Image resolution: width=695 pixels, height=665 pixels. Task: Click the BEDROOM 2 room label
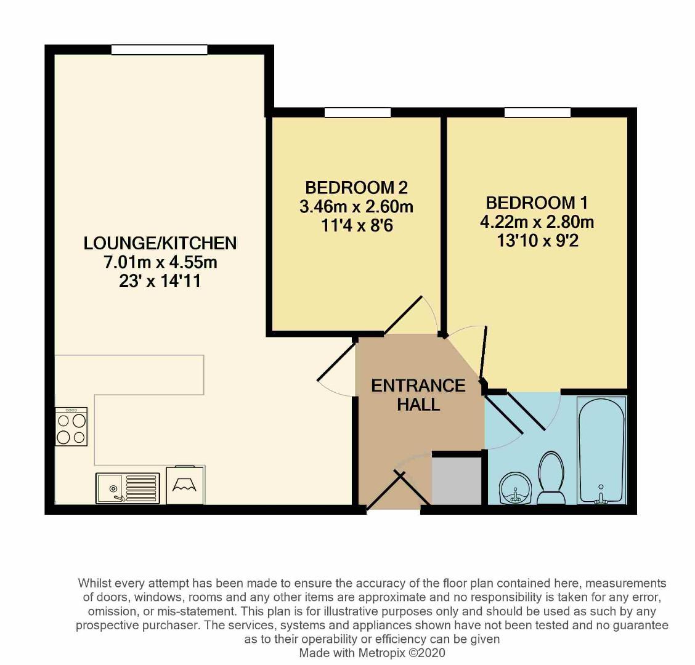pyautogui.click(x=356, y=187)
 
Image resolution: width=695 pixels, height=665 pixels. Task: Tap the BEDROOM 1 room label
pyautogui.click(x=537, y=202)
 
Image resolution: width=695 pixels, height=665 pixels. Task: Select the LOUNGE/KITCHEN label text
pyautogui.click(x=160, y=243)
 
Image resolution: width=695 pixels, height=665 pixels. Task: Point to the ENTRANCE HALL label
pyautogui.click(x=418, y=395)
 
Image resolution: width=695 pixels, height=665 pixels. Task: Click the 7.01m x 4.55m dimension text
pyautogui.click(x=160, y=263)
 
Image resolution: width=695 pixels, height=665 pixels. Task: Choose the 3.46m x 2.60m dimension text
pyautogui.click(x=356, y=206)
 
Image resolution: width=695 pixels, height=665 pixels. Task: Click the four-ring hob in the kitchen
pyautogui.click(x=71, y=427)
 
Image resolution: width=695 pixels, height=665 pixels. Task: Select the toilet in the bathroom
pyautogui.click(x=550, y=477)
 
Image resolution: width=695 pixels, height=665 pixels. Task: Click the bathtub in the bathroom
pyautogui.click(x=601, y=449)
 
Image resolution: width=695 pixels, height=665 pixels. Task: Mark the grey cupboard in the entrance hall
pyautogui.click(x=457, y=480)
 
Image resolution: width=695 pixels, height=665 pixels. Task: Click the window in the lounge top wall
pyautogui.click(x=159, y=50)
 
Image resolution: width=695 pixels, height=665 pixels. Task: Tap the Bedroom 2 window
pyautogui.click(x=357, y=113)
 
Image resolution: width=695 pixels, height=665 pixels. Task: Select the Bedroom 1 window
pyautogui.click(x=537, y=113)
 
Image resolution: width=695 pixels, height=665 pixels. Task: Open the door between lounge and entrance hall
pyautogui.click(x=336, y=376)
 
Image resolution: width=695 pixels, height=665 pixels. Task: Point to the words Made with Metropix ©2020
pyautogui.click(x=372, y=653)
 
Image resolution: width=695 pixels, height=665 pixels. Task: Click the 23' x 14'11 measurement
pyautogui.click(x=160, y=283)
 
